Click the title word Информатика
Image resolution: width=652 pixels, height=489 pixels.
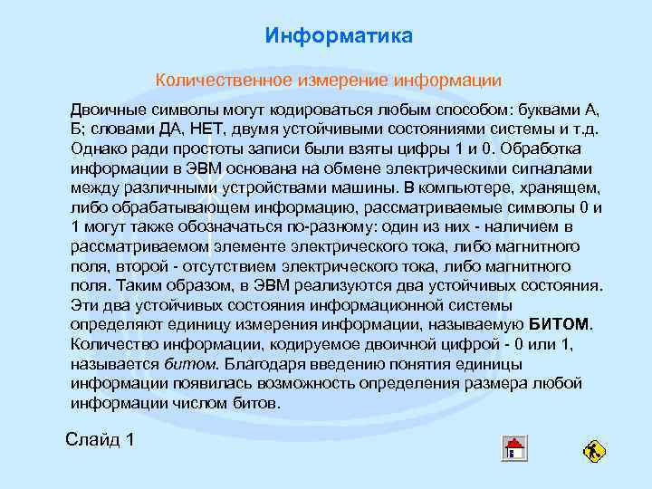pos(339,36)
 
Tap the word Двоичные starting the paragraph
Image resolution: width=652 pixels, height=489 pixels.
pos(109,109)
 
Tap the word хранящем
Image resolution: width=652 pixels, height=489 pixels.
pos(565,187)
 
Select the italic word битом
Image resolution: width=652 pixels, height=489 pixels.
pos(191,363)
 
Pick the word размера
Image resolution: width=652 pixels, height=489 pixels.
pos(491,383)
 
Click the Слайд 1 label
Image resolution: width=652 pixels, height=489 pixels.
pos(101,440)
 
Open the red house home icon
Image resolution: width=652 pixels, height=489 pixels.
pos(513,448)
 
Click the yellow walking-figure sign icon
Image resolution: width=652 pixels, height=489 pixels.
pos(595,450)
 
